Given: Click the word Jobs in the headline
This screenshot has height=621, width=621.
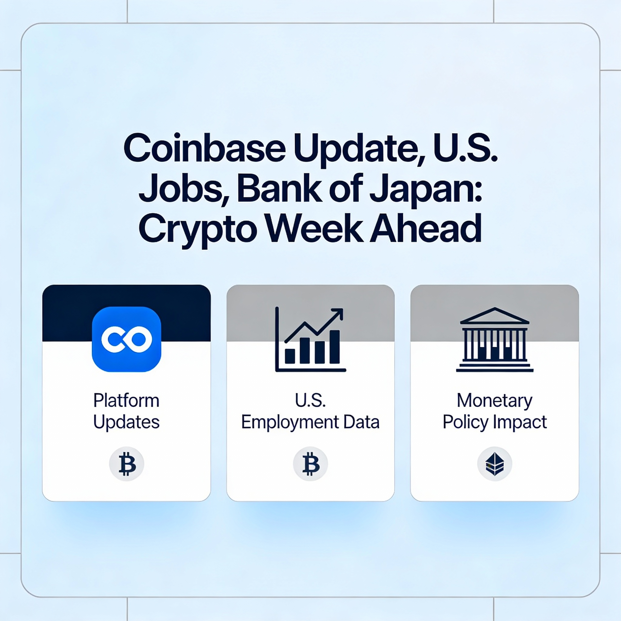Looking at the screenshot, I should tap(183, 189).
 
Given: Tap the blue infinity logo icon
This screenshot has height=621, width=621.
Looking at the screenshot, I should tap(126, 339).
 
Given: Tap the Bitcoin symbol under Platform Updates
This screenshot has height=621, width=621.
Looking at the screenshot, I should tap(127, 464).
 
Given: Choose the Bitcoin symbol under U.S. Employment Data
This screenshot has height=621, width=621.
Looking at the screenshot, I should tap(310, 464).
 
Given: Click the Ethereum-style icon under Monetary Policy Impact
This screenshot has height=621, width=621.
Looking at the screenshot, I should tap(494, 464).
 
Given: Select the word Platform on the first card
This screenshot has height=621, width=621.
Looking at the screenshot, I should tap(126, 401).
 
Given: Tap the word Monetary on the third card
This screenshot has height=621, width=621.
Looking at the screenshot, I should tap(494, 401).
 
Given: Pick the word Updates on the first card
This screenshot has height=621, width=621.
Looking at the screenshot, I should tap(126, 422).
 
